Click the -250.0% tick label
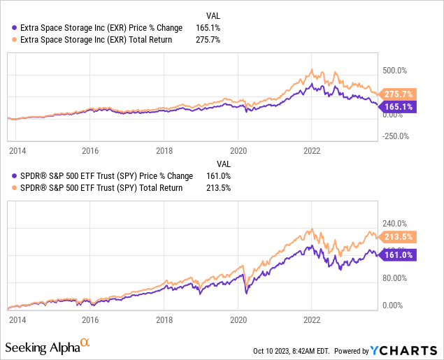click(x=395, y=136)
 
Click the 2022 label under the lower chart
click(x=312, y=319)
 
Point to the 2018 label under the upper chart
click(x=164, y=150)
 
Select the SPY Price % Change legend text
click(x=102, y=175)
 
